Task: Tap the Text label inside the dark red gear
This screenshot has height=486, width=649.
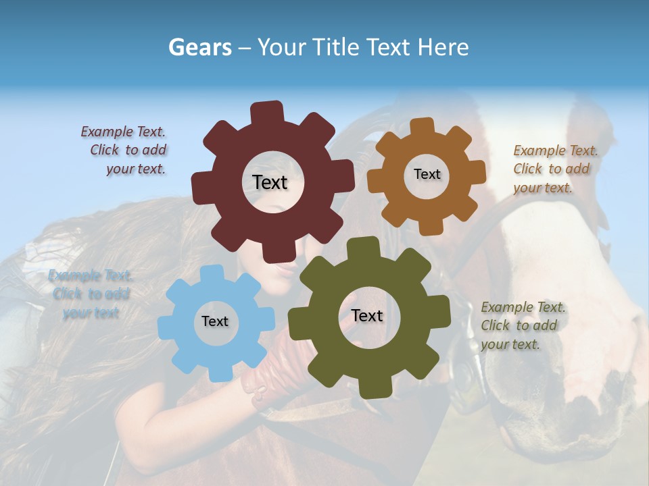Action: click(270, 182)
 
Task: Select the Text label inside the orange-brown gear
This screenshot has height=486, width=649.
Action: click(427, 174)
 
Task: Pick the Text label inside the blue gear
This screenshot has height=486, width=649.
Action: click(215, 321)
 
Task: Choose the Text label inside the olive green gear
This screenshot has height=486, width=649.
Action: click(367, 315)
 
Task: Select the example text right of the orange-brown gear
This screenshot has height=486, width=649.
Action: click(554, 169)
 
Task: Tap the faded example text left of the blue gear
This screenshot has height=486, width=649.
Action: click(91, 294)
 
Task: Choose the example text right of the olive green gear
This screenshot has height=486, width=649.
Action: click(523, 325)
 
